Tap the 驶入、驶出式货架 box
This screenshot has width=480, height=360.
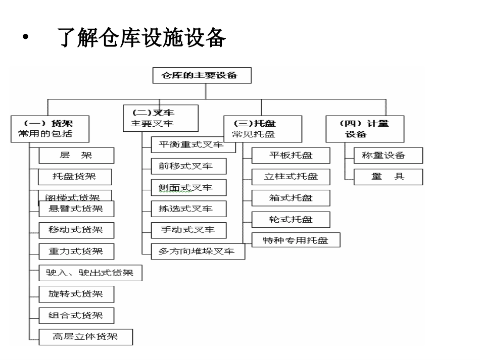click(90, 273)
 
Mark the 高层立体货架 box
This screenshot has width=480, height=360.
click(85, 336)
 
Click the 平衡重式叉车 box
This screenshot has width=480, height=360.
click(194, 144)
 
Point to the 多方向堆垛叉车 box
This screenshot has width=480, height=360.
click(198, 251)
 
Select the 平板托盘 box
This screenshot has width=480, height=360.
click(291, 156)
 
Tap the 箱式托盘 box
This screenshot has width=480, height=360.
click(291, 198)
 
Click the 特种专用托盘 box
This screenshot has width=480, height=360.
click(296, 240)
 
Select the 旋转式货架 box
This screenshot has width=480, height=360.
click(76, 294)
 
